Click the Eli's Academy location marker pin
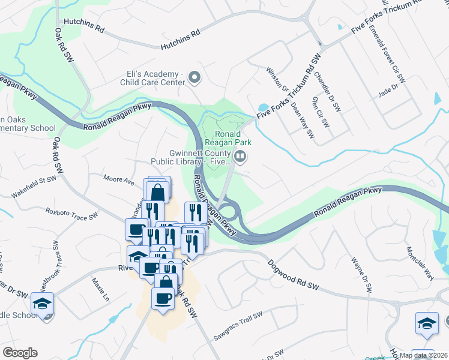point(194,77)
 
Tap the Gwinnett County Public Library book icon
point(240,157)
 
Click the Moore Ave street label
point(118,179)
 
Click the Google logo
point(20,352)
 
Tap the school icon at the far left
point(43,304)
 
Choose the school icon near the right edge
point(427,323)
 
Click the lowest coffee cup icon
point(163,298)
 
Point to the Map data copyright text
point(423,355)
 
